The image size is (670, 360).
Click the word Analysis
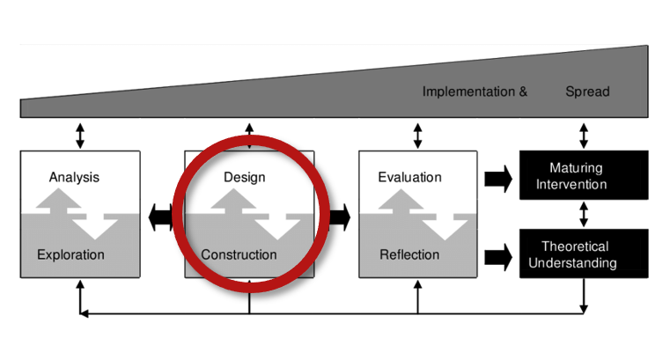[x=74, y=177]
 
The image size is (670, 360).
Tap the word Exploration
[x=70, y=255]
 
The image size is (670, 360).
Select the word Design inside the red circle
[x=244, y=177]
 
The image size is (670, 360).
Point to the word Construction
[x=239, y=255]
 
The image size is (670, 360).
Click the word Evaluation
[x=409, y=177]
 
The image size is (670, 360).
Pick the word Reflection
[x=409, y=255]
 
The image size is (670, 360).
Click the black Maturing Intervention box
[x=584, y=175]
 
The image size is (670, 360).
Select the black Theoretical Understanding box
[x=584, y=254]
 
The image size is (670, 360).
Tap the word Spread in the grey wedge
[x=587, y=92]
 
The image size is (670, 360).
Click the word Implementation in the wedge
[x=468, y=92]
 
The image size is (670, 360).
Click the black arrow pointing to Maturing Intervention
[x=497, y=180]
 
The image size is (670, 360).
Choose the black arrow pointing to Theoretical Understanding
[x=497, y=258]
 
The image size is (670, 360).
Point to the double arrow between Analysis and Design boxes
[x=161, y=216]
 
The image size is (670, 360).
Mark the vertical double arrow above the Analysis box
[x=80, y=135]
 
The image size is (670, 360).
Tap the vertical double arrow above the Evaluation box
[x=417, y=135]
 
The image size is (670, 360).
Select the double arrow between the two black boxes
[x=584, y=215]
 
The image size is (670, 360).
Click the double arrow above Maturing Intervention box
[x=584, y=135]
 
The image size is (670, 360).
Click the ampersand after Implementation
[x=523, y=92]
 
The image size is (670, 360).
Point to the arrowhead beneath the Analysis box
[x=80, y=286]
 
